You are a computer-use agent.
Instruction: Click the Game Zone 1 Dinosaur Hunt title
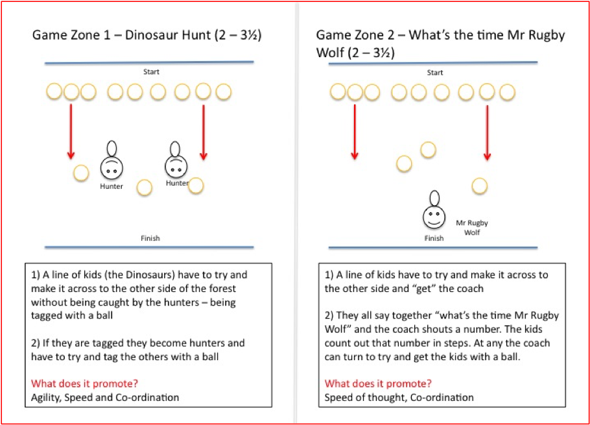point(147,35)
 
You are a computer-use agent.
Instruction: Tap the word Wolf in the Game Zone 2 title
point(330,52)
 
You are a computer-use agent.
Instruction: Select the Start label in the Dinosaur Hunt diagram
point(151,71)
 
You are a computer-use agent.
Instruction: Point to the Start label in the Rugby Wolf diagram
point(435,72)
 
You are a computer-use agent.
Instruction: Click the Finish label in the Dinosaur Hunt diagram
point(150,238)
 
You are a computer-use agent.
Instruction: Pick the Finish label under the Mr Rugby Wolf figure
point(434,238)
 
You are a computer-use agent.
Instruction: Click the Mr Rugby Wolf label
point(472,228)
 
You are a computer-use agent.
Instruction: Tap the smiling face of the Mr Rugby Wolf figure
point(434,215)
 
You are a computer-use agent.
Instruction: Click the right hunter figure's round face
point(175,167)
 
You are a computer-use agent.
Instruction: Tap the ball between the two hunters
point(144,188)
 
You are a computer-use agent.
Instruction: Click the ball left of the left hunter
point(80,173)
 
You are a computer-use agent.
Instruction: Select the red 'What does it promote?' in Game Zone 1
point(77,383)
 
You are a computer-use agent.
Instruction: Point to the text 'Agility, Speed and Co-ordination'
point(105,397)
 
